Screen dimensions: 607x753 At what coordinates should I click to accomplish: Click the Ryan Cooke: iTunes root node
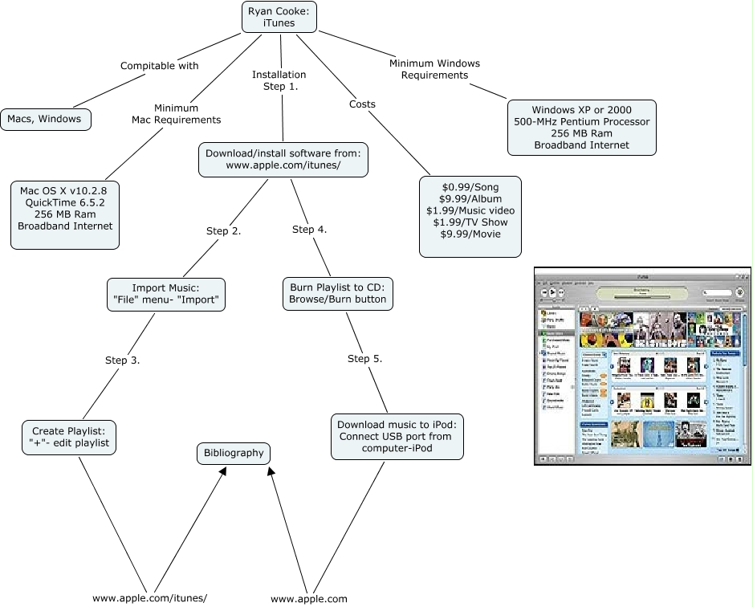coord(279,17)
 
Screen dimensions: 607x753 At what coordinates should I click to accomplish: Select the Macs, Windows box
coord(45,119)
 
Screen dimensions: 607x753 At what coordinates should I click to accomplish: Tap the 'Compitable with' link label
coord(159,66)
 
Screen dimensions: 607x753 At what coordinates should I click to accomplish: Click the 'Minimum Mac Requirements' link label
coord(177,113)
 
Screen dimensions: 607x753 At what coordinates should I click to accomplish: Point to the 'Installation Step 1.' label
coord(279,80)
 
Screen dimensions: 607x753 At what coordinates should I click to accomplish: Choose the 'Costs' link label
coord(362,104)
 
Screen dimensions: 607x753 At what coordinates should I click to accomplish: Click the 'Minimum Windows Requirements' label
coord(434,69)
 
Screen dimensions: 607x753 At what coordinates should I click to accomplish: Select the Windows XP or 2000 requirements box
coord(582,128)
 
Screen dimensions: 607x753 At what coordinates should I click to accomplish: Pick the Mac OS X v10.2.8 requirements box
coord(66,207)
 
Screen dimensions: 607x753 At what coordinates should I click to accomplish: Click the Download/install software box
coord(283,159)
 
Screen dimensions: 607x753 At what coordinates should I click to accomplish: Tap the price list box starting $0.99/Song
coord(470,216)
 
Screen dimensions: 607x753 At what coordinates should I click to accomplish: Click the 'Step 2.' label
coord(224,231)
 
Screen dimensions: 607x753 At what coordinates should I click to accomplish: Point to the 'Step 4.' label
coord(309,230)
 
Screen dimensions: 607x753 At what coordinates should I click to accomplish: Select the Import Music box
coord(166,295)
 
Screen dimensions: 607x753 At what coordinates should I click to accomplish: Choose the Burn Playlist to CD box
coord(337,294)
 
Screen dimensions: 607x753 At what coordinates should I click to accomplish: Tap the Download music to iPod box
coord(397,436)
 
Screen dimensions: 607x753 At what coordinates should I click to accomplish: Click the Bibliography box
coord(234,453)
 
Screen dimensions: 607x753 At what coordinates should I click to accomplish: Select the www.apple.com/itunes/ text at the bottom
coord(150,598)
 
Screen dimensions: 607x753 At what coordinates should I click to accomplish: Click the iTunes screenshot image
coord(642,365)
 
